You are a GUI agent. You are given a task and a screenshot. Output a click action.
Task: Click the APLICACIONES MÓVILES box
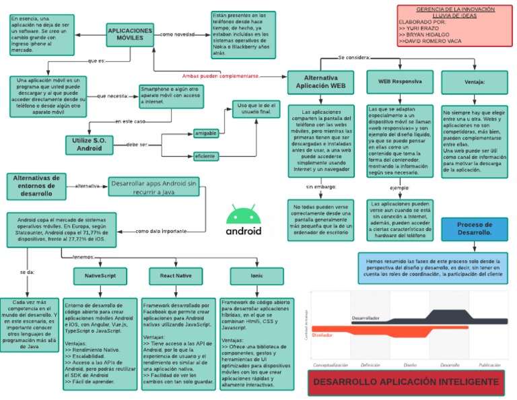tap(131, 34)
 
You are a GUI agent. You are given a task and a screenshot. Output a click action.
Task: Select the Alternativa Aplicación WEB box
tap(320, 82)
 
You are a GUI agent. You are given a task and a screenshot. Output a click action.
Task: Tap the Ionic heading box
tap(246, 276)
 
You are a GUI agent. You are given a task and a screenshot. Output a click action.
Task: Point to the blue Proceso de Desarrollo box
tap(474, 229)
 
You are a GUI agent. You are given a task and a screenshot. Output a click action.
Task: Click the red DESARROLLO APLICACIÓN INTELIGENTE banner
tap(405, 382)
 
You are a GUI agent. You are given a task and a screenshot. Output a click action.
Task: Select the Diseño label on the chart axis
tap(410, 364)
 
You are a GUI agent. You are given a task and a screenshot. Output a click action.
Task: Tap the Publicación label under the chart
tap(489, 364)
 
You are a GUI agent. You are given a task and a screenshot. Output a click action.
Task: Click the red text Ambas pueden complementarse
tap(220, 76)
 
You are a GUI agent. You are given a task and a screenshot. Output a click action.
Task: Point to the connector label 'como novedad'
tap(177, 34)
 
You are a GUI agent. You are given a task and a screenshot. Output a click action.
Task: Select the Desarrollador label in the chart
tap(366, 318)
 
